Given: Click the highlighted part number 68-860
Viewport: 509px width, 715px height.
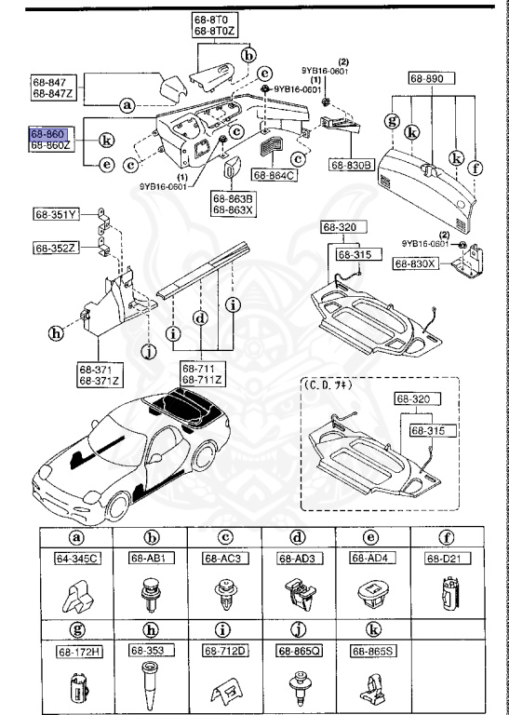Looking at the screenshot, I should [48, 134].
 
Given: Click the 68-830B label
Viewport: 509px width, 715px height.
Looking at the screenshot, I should [350, 166].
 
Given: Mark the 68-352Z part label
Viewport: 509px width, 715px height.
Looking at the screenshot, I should [57, 248].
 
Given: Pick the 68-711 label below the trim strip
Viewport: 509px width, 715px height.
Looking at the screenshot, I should [201, 370].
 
